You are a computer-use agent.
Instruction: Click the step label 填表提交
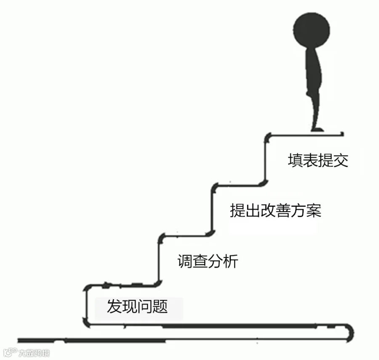(318, 160)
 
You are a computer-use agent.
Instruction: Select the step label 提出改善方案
(275, 210)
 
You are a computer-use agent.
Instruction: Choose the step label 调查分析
(208, 261)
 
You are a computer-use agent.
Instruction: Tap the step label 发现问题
(137, 306)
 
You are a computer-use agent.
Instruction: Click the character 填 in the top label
(295, 160)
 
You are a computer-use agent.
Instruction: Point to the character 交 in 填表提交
(341, 160)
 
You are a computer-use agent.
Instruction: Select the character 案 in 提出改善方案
(314, 210)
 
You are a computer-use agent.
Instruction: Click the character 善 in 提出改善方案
(283, 210)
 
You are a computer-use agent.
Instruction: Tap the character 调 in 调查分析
(185, 261)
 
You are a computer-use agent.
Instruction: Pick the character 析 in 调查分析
(231, 261)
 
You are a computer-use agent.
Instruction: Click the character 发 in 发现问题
(114, 306)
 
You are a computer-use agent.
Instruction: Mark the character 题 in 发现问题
(160, 306)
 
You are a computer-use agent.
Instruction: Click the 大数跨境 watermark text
(34, 353)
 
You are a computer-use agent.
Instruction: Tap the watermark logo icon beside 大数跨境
(10, 352)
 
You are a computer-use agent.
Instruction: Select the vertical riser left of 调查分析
(159, 260)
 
